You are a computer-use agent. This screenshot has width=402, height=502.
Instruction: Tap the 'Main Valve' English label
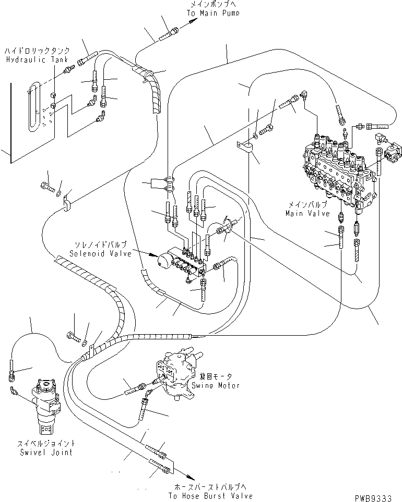pyautogui.click(x=308, y=213)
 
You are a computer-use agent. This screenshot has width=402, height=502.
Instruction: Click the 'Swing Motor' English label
pyautogui.click(x=216, y=385)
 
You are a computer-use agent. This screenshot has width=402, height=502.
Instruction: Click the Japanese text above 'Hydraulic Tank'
pyautogui.click(x=30, y=52)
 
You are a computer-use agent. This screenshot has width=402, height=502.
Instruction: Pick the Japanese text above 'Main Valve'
pyautogui.click(x=308, y=205)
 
